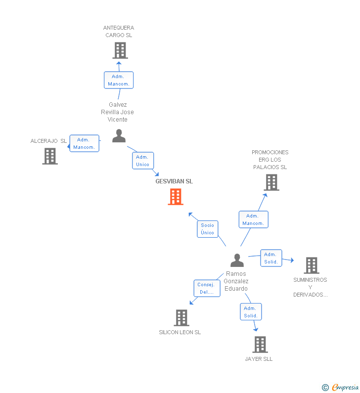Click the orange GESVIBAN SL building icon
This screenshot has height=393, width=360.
pyautogui.click(x=176, y=197)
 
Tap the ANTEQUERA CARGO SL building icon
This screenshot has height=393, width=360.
pyautogui.click(x=120, y=50)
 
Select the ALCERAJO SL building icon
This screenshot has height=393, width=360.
pyautogui.click(x=50, y=156)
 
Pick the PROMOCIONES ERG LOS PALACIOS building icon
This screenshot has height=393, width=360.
pyautogui.click(x=271, y=182)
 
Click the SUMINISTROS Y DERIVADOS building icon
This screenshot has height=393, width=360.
pyautogui.click(x=311, y=265)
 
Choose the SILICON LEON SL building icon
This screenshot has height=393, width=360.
pyautogui.click(x=181, y=318)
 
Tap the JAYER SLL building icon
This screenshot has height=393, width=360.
pyautogui.click(x=260, y=345)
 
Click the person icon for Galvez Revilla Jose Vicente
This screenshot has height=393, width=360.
pyautogui.click(x=119, y=136)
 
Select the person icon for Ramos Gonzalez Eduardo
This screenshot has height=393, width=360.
pyautogui.click(x=237, y=261)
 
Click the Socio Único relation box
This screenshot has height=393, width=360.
pyautogui.click(x=208, y=229)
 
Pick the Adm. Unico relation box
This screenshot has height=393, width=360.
pyautogui.click(x=142, y=161)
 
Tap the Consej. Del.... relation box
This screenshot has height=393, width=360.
pyautogui.click(x=207, y=288)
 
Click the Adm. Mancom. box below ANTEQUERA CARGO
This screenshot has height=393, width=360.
pyautogui.click(x=119, y=80)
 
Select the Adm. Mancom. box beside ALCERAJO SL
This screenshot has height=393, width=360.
pyautogui.click(x=84, y=143)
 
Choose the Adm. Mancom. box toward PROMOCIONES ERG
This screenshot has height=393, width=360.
pyautogui.click(x=253, y=219)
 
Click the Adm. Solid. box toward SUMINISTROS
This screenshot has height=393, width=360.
pyautogui.click(x=271, y=258)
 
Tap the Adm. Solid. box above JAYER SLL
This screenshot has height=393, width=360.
pyautogui.click(x=251, y=312)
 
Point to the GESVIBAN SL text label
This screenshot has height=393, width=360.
pyautogui.click(x=174, y=181)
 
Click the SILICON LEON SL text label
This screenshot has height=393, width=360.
pyautogui.click(x=180, y=333)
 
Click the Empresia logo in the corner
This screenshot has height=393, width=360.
pyautogui.click(x=341, y=388)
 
